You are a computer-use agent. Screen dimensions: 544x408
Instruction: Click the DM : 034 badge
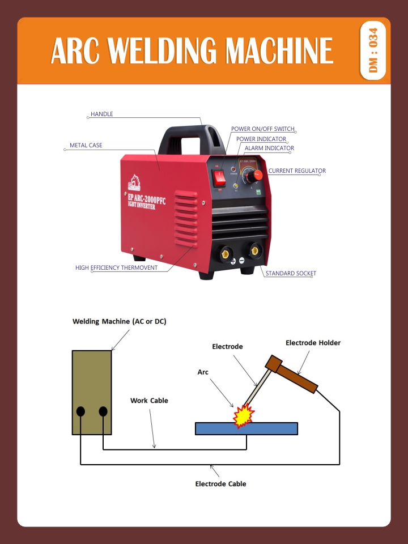373,50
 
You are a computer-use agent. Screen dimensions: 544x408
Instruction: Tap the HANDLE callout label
102,114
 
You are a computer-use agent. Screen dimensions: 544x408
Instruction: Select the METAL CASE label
86,146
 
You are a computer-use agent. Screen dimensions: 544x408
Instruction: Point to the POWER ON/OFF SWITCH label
263,129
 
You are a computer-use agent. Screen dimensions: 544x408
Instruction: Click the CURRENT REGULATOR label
297,171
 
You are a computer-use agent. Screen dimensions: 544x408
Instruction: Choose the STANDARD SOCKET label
291,273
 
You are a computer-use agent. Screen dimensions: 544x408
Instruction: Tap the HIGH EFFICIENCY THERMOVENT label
117,267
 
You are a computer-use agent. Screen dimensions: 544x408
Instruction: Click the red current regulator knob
256,175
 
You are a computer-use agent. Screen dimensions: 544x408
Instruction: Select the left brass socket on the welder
226,252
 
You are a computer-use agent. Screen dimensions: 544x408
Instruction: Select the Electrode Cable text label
220,484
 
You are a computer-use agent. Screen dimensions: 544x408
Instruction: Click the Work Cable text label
149,401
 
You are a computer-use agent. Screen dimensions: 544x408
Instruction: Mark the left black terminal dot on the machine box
81,411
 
